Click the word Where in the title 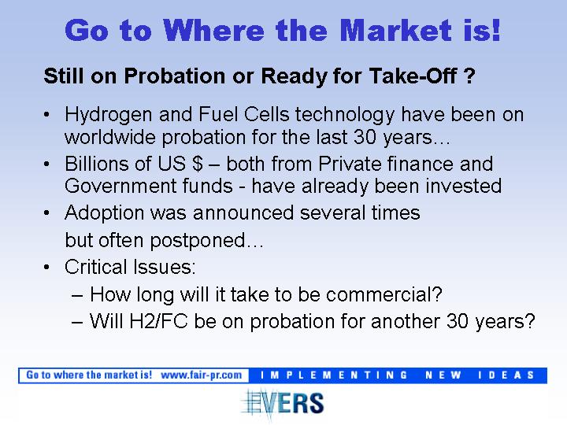click(216, 30)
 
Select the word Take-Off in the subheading click(412, 76)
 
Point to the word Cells click(266, 114)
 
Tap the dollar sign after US click(198, 164)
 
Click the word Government click(120, 186)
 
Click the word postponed click(198, 241)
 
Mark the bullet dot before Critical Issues click(46, 267)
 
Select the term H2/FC click(158, 321)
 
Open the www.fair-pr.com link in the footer click(202, 375)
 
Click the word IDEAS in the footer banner click(506, 375)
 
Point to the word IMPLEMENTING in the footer click(335, 375)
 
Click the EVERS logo click(283, 402)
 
